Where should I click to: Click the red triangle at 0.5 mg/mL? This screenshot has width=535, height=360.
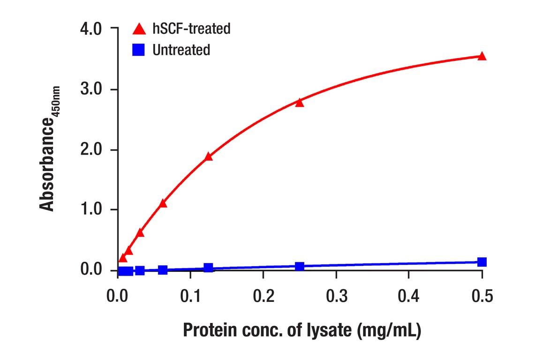[x=482, y=57]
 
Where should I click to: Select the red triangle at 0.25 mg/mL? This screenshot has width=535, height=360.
[x=300, y=103]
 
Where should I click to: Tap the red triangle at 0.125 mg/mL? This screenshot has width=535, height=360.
[x=209, y=157]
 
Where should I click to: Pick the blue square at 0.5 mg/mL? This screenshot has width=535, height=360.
[x=482, y=262]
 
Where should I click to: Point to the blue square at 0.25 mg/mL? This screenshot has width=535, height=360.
[x=300, y=267]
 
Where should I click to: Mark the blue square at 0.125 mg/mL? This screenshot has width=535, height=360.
[x=209, y=268]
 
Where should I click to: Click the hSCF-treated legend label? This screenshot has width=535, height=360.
[x=191, y=29]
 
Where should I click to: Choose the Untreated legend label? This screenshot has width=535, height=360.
[x=181, y=50]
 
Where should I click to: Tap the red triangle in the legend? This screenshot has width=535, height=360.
[x=139, y=29]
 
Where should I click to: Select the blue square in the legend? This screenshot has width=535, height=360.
[x=139, y=50]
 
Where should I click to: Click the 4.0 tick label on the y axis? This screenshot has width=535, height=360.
[x=91, y=29]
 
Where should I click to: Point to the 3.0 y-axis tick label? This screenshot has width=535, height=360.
[x=91, y=90]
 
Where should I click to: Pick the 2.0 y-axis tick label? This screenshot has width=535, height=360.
[x=91, y=150]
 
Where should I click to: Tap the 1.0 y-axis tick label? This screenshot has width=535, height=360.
[x=91, y=210]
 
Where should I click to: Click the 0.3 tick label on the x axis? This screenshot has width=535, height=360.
[x=336, y=297]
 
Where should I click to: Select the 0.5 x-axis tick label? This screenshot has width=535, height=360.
[x=482, y=297]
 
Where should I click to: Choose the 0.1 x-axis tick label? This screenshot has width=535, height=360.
[x=190, y=297]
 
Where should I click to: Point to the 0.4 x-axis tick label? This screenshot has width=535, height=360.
[x=409, y=297]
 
